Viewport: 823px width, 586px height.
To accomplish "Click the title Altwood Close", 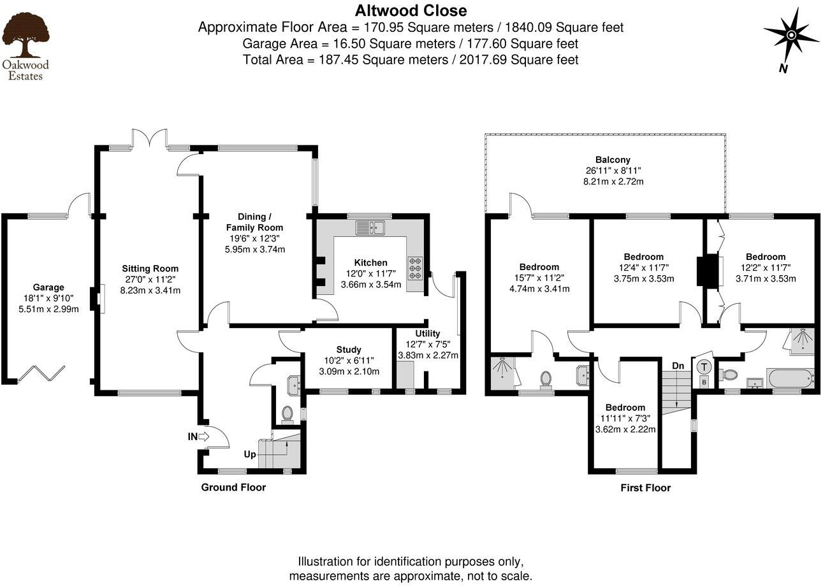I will tap(411, 11).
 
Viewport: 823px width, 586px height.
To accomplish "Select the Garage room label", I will tap(48, 287).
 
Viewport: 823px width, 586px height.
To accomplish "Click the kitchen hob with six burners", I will tap(415, 268).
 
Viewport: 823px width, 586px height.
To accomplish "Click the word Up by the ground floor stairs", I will tap(251, 455).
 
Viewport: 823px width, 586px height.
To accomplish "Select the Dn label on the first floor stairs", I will tap(678, 366).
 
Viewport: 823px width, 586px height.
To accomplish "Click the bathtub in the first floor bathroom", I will tap(790, 378).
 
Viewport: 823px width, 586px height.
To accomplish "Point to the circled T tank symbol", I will tap(704, 368).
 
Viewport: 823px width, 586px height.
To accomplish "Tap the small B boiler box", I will tap(704, 382).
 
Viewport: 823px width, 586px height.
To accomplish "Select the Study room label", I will tap(349, 350).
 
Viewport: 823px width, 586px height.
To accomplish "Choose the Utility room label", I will tap(427, 334).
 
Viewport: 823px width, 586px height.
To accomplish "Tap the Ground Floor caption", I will tap(233, 488).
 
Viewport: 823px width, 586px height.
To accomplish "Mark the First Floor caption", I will tap(645, 489).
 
